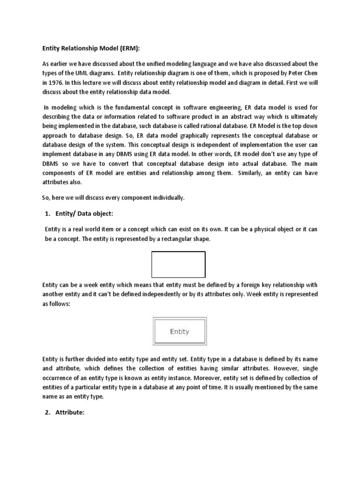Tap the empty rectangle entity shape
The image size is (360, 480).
pyautogui.click(x=178, y=264)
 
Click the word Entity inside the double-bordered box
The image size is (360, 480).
pyautogui.click(x=180, y=331)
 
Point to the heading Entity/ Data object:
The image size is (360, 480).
pyautogui.click(x=84, y=213)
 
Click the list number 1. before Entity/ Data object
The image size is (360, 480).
pyautogui.click(x=48, y=213)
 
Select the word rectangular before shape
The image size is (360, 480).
pyautogui.click(x=181, y=239)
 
